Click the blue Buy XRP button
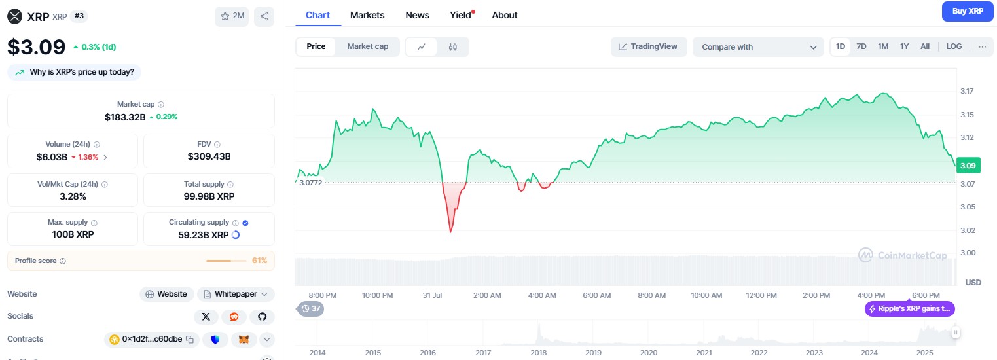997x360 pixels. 968,11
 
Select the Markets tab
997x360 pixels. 367,15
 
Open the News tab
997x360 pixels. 417,15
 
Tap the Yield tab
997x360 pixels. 461,15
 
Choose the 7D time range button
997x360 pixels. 861,46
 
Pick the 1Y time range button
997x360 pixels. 904,46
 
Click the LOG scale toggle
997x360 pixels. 954,46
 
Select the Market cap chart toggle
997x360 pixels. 367,46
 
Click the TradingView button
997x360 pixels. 648,46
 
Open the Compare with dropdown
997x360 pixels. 758,47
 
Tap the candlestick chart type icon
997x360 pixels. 452,46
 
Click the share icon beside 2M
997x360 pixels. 264,16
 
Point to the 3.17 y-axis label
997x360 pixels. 966,91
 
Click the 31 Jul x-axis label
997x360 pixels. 432,295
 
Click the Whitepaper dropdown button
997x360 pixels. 236,294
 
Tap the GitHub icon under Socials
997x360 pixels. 263,317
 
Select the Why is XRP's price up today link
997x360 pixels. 75,72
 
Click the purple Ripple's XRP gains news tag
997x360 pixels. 910,309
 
